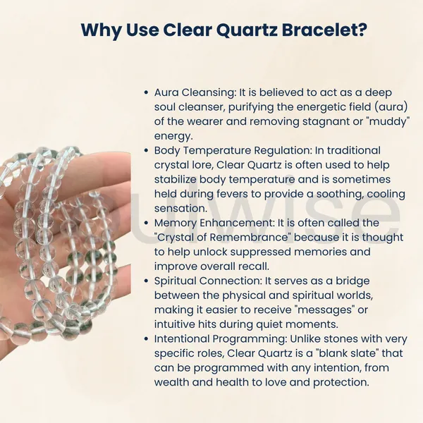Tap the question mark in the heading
coord(362,30)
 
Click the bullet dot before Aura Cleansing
coord(146,92)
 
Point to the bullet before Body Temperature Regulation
coord(146,151)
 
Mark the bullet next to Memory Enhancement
coord(146,223)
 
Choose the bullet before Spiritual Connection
coord(146,281)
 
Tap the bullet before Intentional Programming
coord(146,339)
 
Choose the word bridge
coord(352,281)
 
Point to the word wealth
coord(171,382)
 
